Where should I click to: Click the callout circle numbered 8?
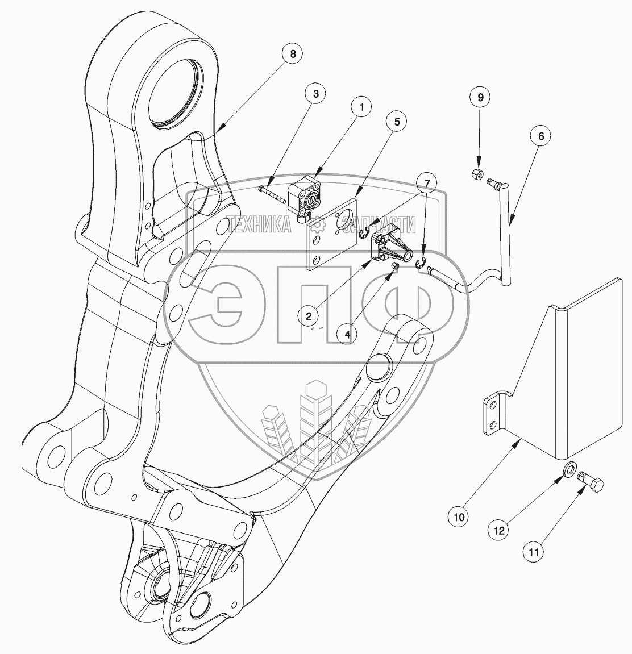coord(293,55)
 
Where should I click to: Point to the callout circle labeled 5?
coord(397,122)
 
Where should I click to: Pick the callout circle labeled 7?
coord(427,182)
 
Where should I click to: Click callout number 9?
coord(480,97)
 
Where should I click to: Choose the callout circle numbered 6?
coord(540,136)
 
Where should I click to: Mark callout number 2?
coord(309,315)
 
